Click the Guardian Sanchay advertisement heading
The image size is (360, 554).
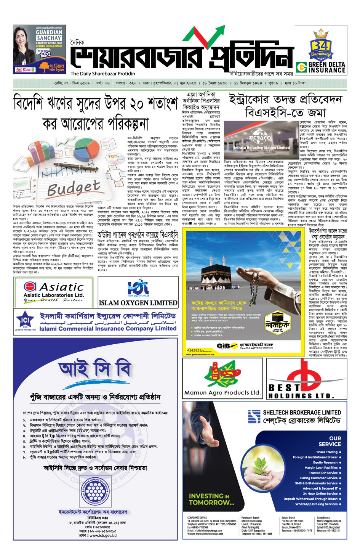coord(49,35)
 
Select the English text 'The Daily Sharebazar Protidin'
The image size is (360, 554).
coord(103,74)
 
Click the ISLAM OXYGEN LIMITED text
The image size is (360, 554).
coord(138,303)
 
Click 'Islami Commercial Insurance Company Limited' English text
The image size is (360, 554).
coord(108,328)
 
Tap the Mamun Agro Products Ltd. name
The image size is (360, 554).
coord(222,392)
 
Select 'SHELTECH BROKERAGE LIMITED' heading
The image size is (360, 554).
coord(302,413)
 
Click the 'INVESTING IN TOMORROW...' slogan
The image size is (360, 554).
coord(212,499)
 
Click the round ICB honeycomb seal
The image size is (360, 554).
coord(94,491)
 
